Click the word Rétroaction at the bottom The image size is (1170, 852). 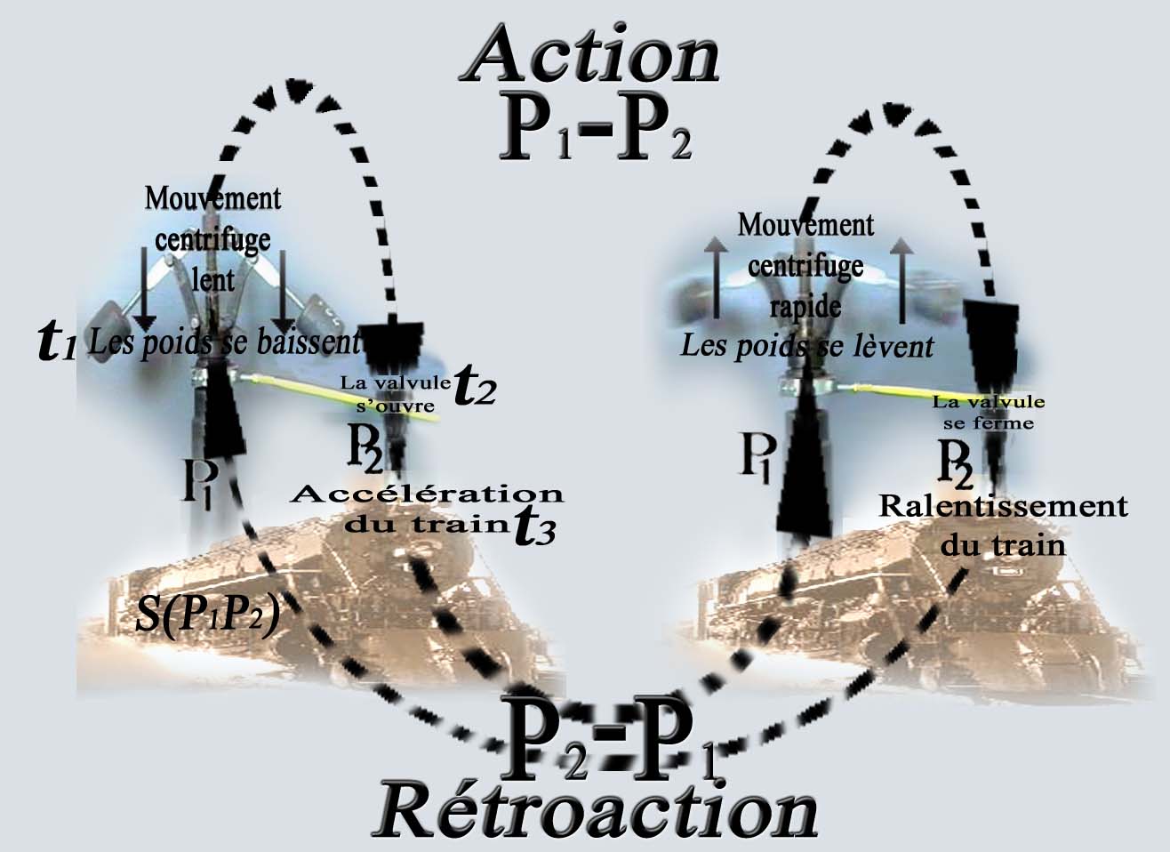click(x=594, y=809)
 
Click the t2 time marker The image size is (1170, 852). click(x=474, y=389)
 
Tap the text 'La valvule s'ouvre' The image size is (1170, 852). click(x=395, y=394)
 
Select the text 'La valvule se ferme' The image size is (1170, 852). click(x=988, y=413)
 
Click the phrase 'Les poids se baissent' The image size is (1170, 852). click(x=224, y=342)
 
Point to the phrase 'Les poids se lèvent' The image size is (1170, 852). click(x=806, y=345)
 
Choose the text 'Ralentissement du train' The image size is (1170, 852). click(x=1003, y=525)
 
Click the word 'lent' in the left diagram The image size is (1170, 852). click(x=213, y=280)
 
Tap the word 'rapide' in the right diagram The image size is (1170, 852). click(x=805, y=306)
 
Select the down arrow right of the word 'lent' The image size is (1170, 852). click(x=283, y=289)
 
